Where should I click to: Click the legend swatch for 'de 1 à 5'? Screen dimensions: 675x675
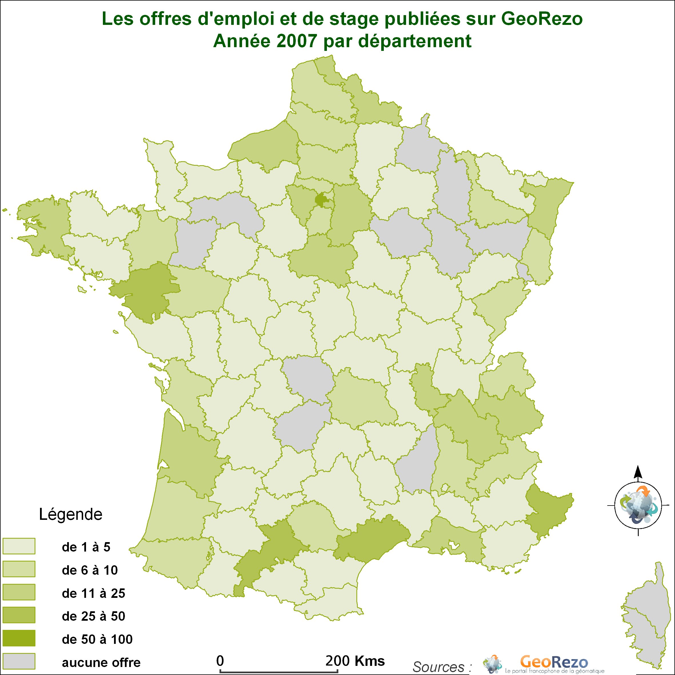pyautogui.click(x=19, y=546)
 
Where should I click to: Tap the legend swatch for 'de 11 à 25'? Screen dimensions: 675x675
pyautogui.click(x=19, y=592)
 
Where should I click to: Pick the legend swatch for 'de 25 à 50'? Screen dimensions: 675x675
pyautogui.click(x=19, y=615)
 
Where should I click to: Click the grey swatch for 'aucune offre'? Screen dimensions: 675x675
pyautogui.click(x=19, y=661)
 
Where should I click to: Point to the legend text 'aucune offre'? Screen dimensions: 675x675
pyautogui.click(x=101, y=662)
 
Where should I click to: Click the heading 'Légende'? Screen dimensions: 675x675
pyautogui.click(x=71, y=515)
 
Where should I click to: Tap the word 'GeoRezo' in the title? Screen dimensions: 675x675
pyautogui.click(x=542, y=19)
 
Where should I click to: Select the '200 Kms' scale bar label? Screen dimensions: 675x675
pyautogui.click(x=355, y=661)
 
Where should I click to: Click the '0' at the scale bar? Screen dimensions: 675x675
pyautogui.click(x=220, y=661)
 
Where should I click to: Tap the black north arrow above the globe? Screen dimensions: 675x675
pyautogui.click(x=638, y=472)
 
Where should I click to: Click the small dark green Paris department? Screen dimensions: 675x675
pyautogui.click(x=320, y=199)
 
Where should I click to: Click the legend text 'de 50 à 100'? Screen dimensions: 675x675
pyautogui.click(x=97, y=639)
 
